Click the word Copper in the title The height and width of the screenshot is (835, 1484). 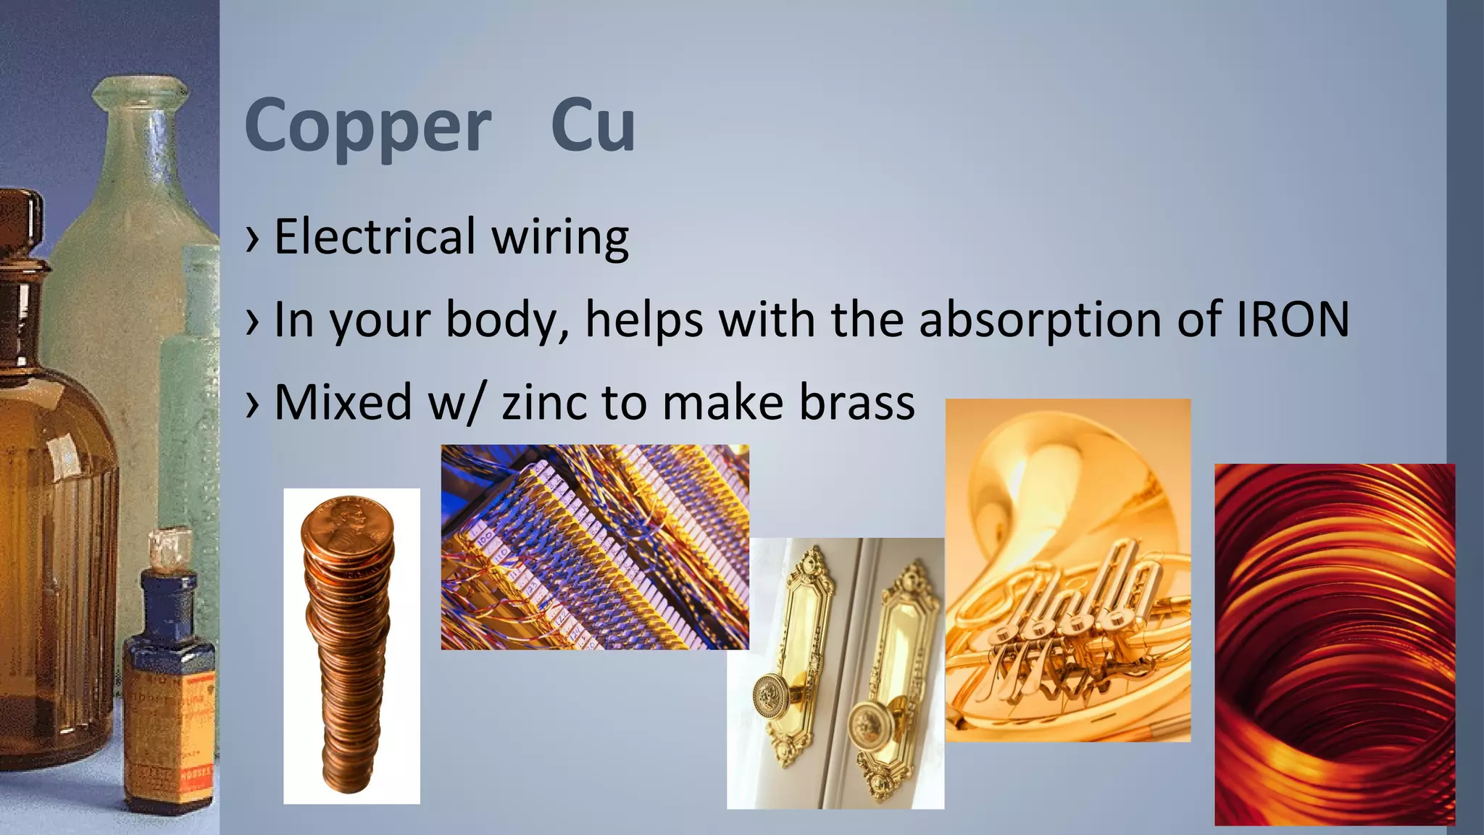point(368,127)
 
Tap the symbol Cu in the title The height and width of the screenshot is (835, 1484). point(593,125)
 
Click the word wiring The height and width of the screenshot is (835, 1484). point(560,238)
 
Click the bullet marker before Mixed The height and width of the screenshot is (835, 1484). point(252,403)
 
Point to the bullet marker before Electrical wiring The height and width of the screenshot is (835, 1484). point(252,238)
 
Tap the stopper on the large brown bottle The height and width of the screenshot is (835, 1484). point(20,217)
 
